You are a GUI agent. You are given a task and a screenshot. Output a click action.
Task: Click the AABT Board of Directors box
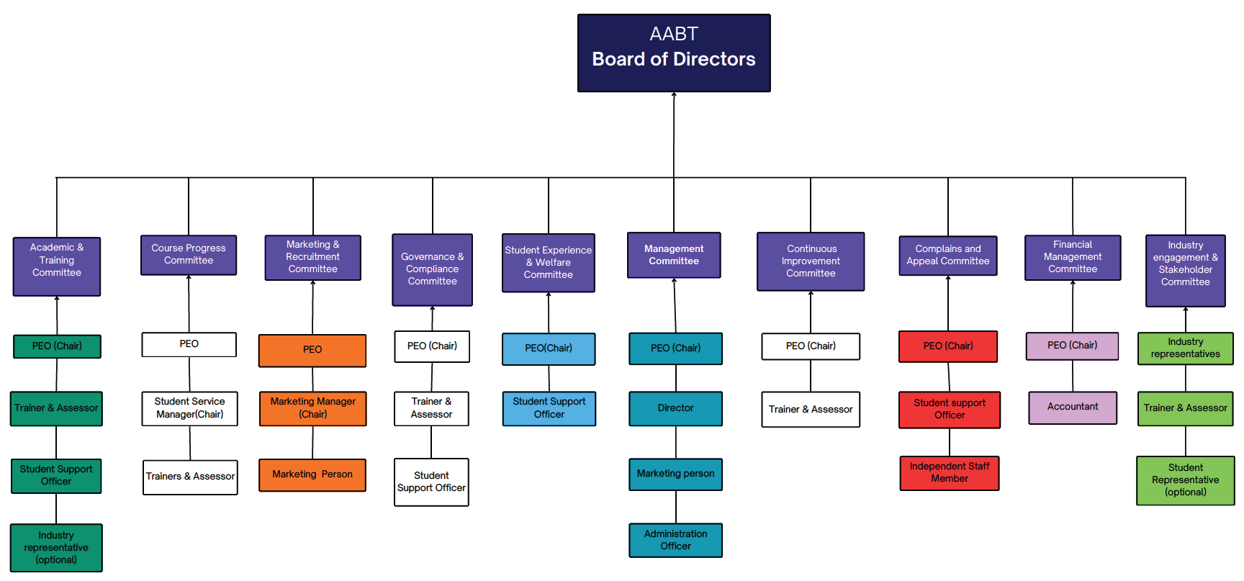click(x=674, y=53)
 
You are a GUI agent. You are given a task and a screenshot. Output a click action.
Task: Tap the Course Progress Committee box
click(x=189, y=255)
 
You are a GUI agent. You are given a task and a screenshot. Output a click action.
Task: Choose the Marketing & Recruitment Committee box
click(x=312, y=257)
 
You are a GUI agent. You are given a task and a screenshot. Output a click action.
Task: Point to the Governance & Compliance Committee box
click(x=432, y=269)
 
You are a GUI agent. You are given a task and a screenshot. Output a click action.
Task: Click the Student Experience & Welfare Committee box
click(x=549, y=263)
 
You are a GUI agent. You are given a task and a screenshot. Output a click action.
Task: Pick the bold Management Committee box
click(x=674, y=255)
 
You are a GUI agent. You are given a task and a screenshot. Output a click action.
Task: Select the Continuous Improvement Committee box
click(x=811, y=261)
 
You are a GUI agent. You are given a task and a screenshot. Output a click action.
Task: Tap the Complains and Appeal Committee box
click(x=948, y=256)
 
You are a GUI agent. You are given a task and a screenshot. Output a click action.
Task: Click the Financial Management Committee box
click(x=1073, y=257)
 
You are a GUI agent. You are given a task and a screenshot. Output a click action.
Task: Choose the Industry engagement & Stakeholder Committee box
click(x=1186, y=271)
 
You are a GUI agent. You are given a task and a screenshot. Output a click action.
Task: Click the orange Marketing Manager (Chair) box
click(x=312, y=408)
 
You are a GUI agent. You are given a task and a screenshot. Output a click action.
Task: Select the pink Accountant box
click(x=1073, y=407)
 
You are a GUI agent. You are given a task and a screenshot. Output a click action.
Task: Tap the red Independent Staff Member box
click(x=950, y=473)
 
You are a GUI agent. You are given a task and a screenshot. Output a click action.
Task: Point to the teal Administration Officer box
click(x=675, y=540)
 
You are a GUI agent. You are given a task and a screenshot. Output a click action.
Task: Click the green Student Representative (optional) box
click(x=1186, y=480)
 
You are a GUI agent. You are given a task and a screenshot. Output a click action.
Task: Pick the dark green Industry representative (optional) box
click(x=56, y=548)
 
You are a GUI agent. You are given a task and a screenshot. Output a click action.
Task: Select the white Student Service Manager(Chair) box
click(x=189, y=408)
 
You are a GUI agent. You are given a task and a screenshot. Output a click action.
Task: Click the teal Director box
click(x=675, y=408)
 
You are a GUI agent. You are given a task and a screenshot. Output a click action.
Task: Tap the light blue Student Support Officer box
click(x=549, y=408)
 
